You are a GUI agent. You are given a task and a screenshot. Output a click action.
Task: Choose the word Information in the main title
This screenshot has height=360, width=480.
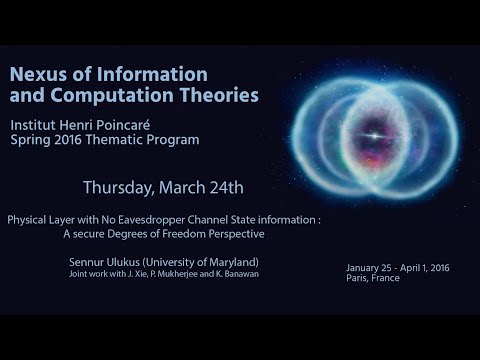tap(154, 74)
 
